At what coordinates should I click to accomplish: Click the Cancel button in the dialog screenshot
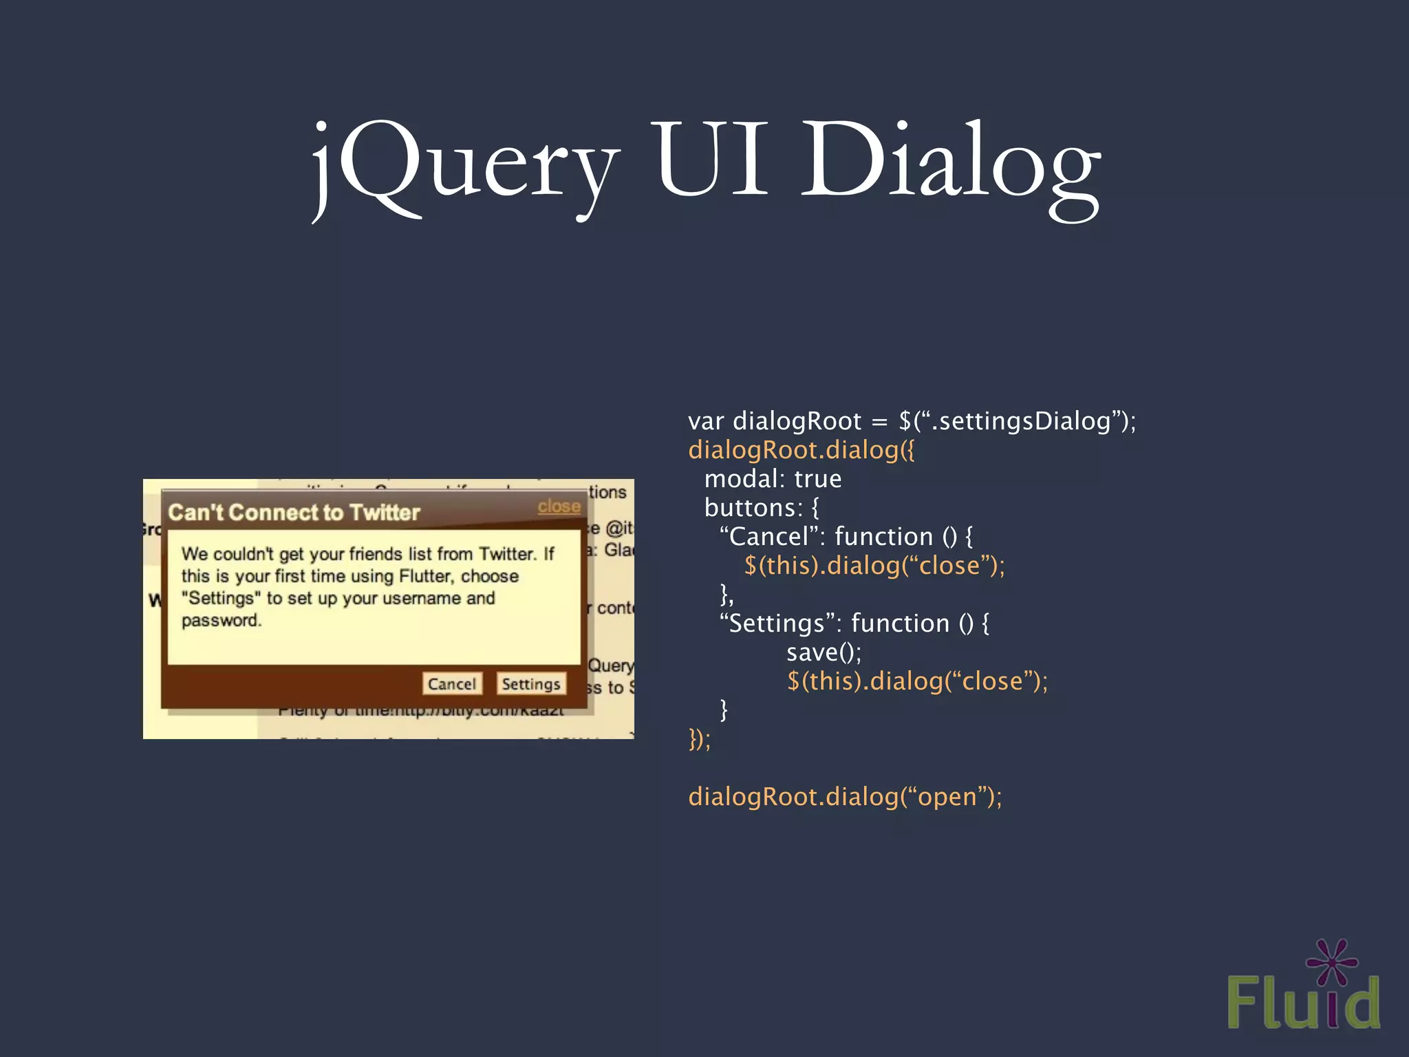(451, 683)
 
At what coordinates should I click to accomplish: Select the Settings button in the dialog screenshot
(530, 683)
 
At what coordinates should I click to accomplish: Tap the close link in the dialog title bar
(559, 506)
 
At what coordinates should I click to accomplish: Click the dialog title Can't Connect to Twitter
(294, 513)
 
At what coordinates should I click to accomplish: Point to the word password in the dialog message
(221, 620)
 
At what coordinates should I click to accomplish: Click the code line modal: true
(773, 479)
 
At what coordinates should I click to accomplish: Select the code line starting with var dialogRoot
(912, 421)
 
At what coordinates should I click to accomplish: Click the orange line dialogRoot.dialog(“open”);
(845, 797)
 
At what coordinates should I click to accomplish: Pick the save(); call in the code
(824, 652)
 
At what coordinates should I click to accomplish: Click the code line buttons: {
(762, 508)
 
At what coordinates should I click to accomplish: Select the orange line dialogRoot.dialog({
(802, 450)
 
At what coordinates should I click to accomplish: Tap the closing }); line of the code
(700, 739)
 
